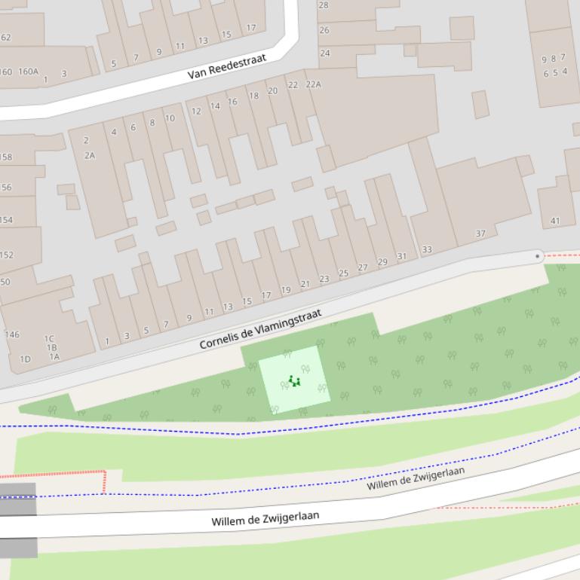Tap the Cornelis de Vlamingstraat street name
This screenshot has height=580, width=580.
click(260, 328)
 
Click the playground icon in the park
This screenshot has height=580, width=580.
click(294, 381)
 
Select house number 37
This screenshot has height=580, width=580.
click(480, 234)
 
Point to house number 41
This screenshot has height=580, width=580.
click(555, 221)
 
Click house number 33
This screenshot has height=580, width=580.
click(427, 249)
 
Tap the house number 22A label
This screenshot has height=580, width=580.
click(313, 84)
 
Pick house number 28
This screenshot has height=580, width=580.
click(324, 5)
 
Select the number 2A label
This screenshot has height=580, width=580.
click(90, 155)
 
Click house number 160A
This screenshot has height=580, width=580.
click(28, 72)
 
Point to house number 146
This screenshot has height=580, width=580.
click(12, 334)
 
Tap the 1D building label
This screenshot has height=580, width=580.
click(25, 359)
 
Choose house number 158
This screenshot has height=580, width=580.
click(5, 157)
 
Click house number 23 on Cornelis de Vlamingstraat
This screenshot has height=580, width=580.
click(324, 279)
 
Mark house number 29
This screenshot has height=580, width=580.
click(382, 262)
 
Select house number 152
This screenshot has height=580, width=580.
click(6, 255)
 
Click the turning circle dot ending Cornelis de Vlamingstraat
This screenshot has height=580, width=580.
click(537, 256)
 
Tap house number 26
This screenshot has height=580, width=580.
click(324, 31)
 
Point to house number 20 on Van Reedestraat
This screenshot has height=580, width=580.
click(272, 90)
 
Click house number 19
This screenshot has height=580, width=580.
click(286, 290)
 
